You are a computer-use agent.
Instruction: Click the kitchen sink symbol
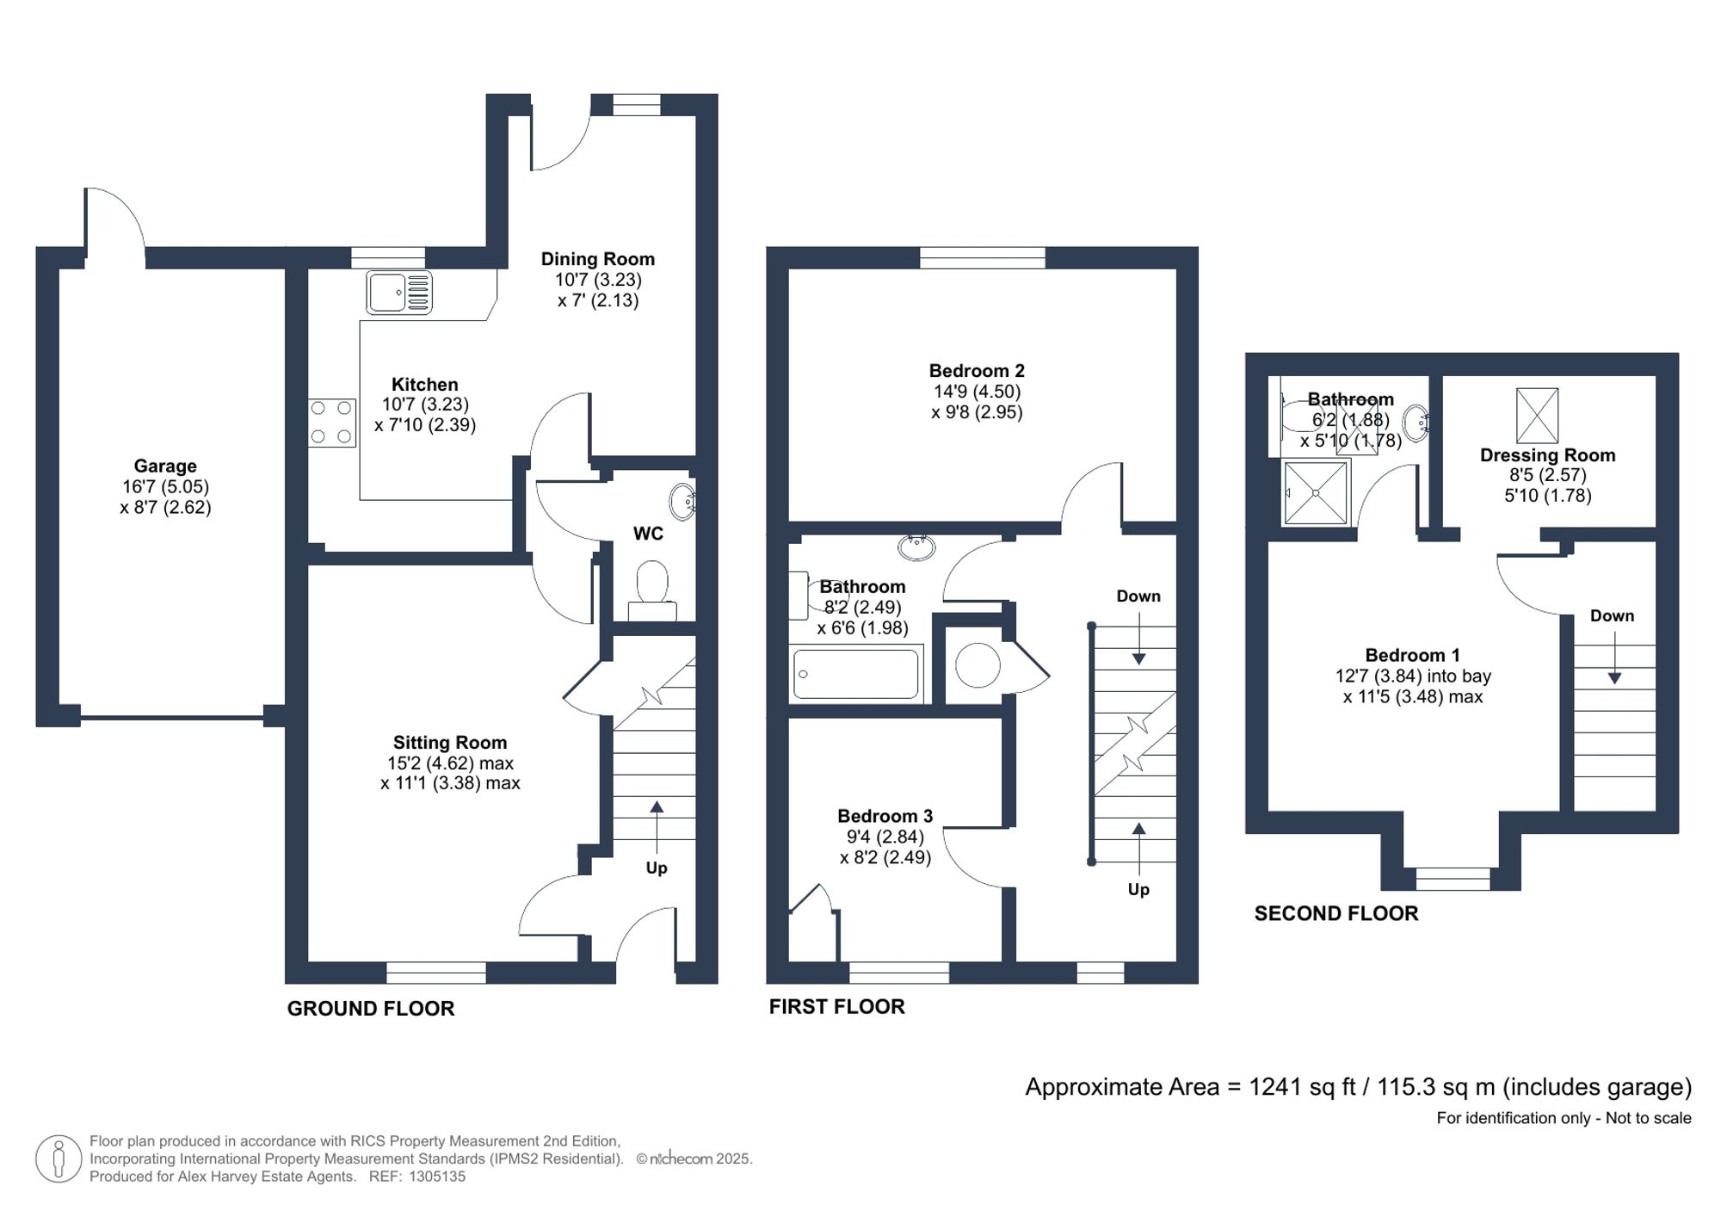398,293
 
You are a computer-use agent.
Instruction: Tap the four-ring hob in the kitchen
332,423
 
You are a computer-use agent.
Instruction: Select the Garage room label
165,466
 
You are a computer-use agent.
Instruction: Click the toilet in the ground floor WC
653,584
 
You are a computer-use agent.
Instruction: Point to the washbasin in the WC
683,501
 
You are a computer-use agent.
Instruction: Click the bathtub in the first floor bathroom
855,673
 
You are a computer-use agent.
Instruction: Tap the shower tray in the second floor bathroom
1316,493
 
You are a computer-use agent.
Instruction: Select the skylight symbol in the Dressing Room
1537,415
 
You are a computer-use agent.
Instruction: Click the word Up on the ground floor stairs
657,868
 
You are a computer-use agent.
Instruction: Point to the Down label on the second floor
1612,616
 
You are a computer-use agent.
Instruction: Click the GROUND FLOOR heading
371,1009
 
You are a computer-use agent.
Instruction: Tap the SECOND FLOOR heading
1335,914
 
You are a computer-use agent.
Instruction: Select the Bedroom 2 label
977,371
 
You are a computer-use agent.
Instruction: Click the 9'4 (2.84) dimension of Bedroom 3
885,837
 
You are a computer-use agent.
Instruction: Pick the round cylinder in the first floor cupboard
978,665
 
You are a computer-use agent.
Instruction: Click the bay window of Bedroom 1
1453,878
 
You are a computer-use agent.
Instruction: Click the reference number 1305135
437,1177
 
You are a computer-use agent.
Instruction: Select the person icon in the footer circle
59,1158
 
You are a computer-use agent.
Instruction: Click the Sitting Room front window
436,973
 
